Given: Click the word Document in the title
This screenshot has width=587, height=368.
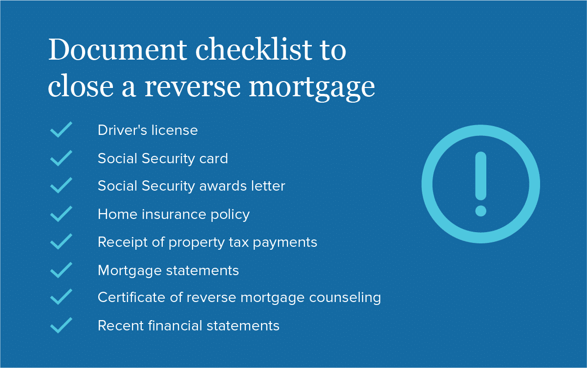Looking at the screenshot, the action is click(118, 49).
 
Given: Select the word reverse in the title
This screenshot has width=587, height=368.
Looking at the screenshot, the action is click(193, 87).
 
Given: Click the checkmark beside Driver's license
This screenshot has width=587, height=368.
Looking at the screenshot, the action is click(61, 129).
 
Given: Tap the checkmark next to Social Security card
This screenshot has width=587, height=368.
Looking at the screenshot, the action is click(61, 158).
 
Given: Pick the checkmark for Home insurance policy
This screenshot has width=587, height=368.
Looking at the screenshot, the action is click(61, 214).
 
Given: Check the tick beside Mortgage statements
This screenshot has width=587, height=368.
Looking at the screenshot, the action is click(61, 270).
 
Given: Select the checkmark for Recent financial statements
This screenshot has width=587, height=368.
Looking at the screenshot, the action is click(61, 325).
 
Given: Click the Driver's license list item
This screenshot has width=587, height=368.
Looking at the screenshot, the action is click(148, 130).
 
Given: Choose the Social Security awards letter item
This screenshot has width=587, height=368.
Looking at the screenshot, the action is click(191, 186).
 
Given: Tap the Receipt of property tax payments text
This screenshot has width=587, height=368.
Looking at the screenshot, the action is click(207, 242).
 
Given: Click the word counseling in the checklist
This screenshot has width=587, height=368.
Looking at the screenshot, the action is click(345, 298).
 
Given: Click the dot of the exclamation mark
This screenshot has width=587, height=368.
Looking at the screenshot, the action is click(481, 211).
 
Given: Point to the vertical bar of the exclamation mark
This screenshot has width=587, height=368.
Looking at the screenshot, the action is click(481, 176).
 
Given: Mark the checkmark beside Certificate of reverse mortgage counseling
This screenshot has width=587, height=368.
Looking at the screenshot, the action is click(61, 297).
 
